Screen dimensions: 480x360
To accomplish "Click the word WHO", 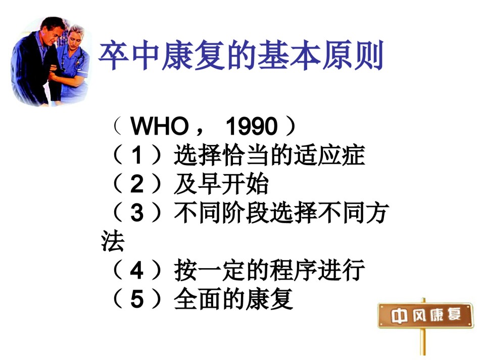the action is (160, 126).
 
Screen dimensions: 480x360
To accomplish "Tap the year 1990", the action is (251, 126).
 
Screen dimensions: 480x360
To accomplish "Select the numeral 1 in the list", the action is (137, 155).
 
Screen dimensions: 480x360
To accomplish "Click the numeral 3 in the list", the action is (137, 212).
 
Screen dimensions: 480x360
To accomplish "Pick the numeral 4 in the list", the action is (137, 271).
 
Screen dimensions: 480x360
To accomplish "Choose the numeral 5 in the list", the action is (137, 299).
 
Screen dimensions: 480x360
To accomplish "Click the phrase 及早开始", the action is (221, 184).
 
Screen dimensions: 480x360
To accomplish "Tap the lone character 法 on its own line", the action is (113, 241).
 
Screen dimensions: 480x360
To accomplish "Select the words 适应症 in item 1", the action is (329, 155).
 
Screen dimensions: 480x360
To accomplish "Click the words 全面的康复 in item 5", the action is (233, 299).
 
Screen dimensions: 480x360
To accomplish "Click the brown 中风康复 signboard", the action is (425, 316).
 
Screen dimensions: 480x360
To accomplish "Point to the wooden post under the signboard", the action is (423, 341).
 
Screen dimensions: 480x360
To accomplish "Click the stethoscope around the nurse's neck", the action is (72, 58).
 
